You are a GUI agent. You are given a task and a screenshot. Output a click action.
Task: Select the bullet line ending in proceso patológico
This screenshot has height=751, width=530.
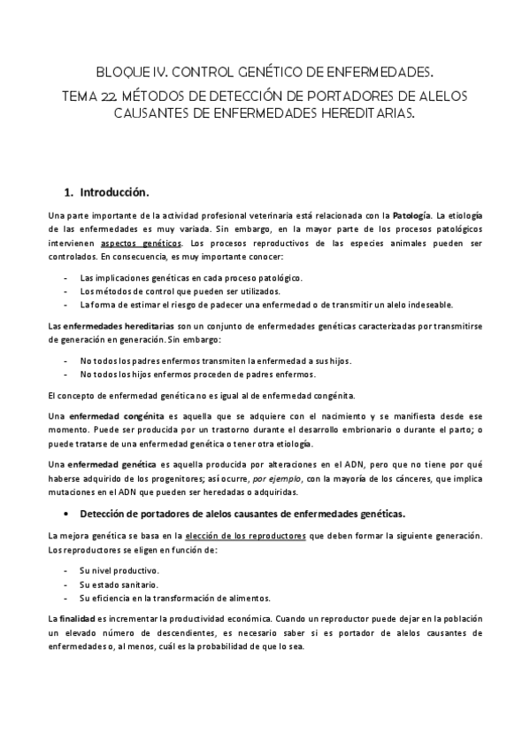(190, 277)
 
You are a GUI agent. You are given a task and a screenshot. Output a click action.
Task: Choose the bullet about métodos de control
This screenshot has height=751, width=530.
(181, 290)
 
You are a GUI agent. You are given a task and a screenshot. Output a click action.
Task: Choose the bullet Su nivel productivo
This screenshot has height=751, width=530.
(119, 571)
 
